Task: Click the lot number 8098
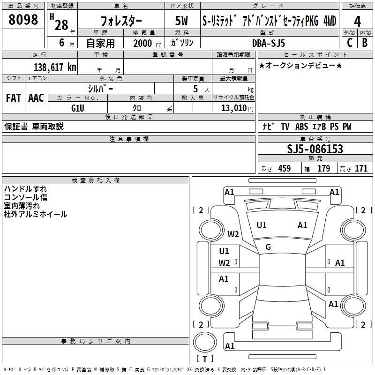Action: point(23,20)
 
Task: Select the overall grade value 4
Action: point(357,22)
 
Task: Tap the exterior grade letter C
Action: point(349,42)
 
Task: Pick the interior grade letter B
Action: point(365,42)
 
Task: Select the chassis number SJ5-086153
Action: point(315,150)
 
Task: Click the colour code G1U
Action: point(78,107)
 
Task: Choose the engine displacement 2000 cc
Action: point(145,43)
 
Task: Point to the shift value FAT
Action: point(13,98)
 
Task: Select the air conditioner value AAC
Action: point(36,98)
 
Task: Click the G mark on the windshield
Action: point(268,247)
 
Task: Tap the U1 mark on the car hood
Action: point(262,225)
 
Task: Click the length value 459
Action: point(284,169)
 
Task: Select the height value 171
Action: point(361,169)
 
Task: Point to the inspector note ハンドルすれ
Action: point(25,189)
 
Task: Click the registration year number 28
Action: point(61,24)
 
